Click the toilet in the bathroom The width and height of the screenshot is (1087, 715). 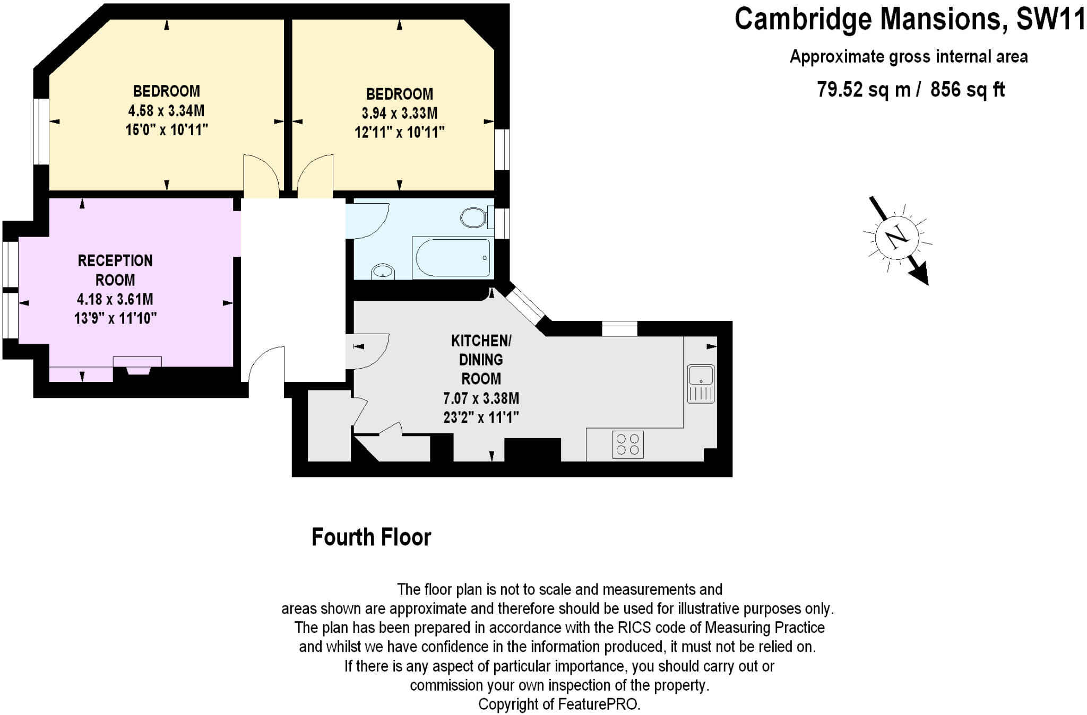(477, 217)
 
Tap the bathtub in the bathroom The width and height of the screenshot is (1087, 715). (453, 257)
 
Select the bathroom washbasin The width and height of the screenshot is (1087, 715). (383, 271)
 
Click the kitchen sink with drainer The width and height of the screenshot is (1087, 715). (701, 383)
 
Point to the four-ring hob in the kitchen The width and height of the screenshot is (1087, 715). (628, 444)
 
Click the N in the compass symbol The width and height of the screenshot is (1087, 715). (897, 237)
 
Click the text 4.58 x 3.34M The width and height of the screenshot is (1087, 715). (166, 111)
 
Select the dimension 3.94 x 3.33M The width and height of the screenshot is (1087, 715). (400, 113)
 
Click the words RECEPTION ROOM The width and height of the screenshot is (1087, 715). (115, 270)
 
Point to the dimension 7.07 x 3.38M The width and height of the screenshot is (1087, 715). (481, 398)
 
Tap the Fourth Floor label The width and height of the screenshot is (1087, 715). (371, 537)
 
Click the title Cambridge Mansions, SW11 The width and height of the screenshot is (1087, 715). (910, 19)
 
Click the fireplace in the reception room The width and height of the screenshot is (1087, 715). (137, 365)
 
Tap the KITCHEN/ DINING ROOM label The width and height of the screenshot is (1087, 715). (481, 360)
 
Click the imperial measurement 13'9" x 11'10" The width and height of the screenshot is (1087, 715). (115, 318)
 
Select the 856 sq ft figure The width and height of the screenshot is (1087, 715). (968, 89)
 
